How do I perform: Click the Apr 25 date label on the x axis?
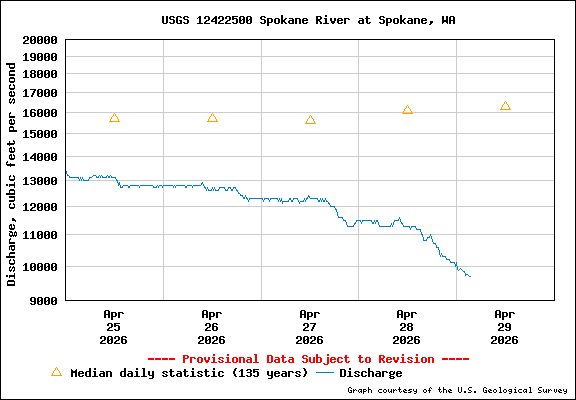tap(113, 326)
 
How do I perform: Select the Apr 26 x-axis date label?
tap(211, 326)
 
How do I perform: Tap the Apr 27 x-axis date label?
tap(309, 326)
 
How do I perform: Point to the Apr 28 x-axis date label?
tap(407, 326)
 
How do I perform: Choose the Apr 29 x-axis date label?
tap(505, 326)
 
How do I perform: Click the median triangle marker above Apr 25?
tap(114, 118)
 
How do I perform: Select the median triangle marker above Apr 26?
tap(212, 118)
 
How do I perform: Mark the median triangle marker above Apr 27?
tap(310, 120)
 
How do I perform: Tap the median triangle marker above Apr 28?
tap(407, 110)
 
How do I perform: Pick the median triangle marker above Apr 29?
tap(505, 106)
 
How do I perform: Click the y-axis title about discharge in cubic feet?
tap(12, 173)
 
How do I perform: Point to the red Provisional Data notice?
tap(308, 358)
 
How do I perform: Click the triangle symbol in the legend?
tap(56, 372)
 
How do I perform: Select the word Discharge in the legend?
tap(371, 373)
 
